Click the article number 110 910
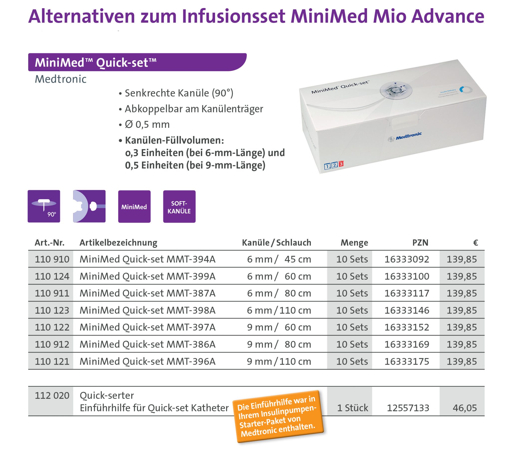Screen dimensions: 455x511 52,259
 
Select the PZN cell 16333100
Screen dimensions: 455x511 406,276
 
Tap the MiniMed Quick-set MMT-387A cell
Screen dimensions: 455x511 147,293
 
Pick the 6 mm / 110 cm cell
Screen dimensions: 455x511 279,310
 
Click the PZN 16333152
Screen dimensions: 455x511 406,327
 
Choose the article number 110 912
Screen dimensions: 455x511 52,344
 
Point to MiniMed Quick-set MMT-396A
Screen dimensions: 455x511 147,361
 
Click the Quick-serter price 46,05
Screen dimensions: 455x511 465,408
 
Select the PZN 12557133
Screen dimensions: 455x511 408,408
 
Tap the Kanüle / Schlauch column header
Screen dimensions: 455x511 276,243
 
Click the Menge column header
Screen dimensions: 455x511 354,243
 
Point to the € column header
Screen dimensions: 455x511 475,243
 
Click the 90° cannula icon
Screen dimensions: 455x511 44,206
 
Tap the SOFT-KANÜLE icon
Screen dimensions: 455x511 179,207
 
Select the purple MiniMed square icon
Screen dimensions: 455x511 134,207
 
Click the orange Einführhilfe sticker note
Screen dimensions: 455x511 277,417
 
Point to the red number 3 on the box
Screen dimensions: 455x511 341,164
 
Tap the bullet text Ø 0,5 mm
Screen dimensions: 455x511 147,125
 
